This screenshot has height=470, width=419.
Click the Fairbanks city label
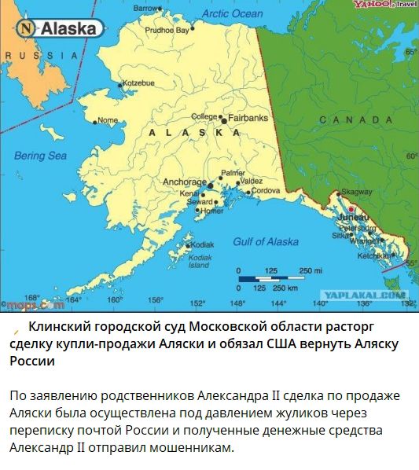pyautogui.click(x=248, y=118)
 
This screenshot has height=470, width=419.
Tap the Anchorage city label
pyautogui.click(x=184, y=182)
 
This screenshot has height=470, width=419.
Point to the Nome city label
pyautogui.click(x=107, y=120)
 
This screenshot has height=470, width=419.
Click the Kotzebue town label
pyautogui.click(x=139, y=83)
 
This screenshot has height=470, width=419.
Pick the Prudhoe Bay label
pyautogui.click(x=167, y=30)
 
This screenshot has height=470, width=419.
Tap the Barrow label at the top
pyautogui.click(x=146, y=8)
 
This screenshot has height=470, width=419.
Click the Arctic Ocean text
pyautogui.click(x=232, y=13)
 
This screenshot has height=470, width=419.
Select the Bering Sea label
pyautogui.click(x=40, y=156)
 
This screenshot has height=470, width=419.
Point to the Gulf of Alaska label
pyautogui.click(x=266, y=241)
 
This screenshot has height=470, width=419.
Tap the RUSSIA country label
pyautogui.click(x=41, y=55)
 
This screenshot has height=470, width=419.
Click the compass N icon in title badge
pyautogui.click(x=28, y=29)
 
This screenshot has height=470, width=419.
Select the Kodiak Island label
pyautogui.click(x=200, y=261)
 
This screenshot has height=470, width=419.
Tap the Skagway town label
pyautogui.click(x=358, y=192)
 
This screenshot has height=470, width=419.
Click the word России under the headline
pyautogui.click(x=31, y=362)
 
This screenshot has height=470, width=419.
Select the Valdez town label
pyautogui.click(x=252, y=181)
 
